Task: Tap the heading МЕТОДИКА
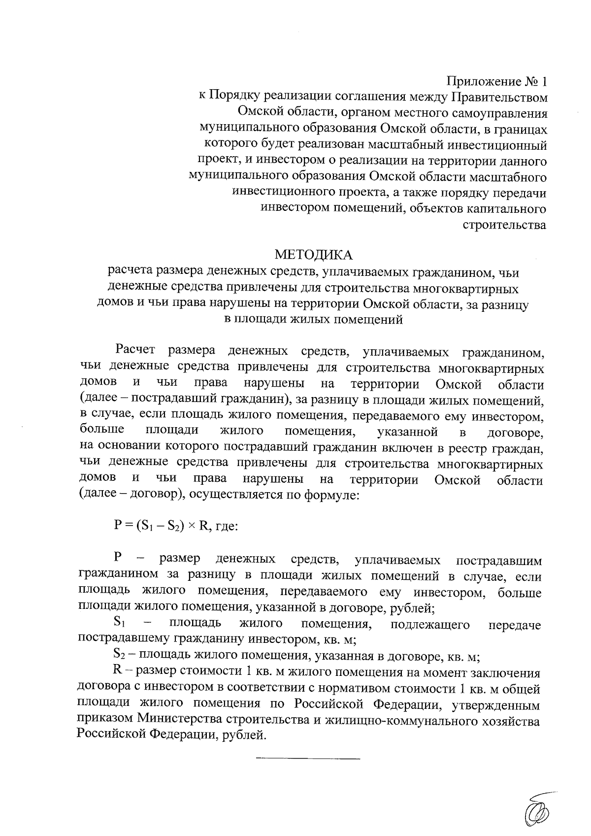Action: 314,255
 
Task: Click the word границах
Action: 518,129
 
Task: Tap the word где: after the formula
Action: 226,526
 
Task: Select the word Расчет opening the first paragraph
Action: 135,351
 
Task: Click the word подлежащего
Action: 430,625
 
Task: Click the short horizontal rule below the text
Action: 308,758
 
